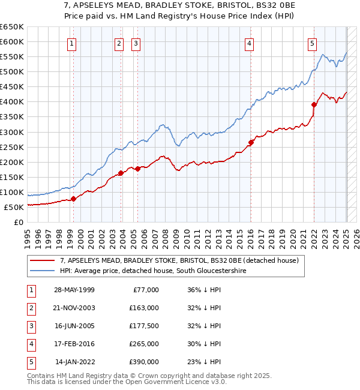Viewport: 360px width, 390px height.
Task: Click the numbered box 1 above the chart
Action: coord(72,43)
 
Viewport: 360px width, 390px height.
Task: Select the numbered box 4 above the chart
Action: coord(248,43)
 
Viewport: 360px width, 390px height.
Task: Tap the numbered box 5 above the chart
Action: coord(313,43)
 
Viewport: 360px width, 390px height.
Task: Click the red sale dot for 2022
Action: coord(314,104)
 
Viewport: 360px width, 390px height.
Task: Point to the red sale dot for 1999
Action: coord(73,199)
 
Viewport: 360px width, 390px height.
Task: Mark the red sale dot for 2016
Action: coord(250,142)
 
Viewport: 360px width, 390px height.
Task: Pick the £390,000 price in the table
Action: coord(144,362)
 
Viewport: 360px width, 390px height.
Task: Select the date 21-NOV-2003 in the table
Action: coord(74,308)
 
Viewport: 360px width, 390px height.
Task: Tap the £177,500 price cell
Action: coord(144,326)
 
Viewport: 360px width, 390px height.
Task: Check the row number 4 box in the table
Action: coord(30,344)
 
